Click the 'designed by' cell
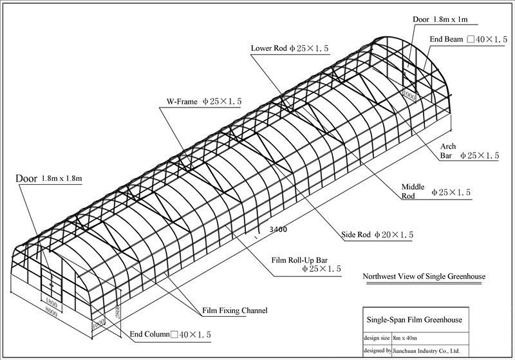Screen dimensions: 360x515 point(377,351)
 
